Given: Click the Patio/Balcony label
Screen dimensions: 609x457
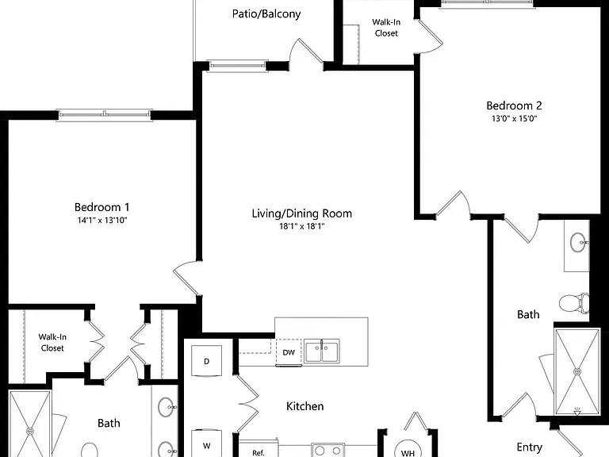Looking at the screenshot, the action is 266,14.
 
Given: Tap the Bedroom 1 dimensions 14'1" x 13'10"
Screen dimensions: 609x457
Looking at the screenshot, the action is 102,221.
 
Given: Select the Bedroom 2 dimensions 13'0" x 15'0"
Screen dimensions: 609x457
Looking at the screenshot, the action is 514,118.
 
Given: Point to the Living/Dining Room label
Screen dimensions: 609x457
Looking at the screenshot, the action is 302,213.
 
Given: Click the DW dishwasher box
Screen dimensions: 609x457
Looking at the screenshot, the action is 289,352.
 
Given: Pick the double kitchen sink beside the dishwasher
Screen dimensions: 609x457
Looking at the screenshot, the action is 322,351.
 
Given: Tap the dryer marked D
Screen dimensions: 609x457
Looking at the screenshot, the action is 207,361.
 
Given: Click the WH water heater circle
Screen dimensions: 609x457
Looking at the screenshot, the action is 408,450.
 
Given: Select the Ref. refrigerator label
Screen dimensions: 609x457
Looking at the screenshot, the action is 259,453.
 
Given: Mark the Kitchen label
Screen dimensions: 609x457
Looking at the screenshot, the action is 304,406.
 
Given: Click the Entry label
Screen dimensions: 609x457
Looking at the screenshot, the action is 530,447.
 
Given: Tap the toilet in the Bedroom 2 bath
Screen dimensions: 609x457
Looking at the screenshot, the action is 574,303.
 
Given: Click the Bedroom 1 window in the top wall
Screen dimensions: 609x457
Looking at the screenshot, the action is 104,115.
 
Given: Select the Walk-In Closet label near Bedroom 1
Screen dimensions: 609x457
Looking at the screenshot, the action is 52,343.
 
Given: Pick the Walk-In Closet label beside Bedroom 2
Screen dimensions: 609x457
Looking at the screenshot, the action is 386,28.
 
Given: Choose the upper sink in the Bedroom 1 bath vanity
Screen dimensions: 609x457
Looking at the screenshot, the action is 167,407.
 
